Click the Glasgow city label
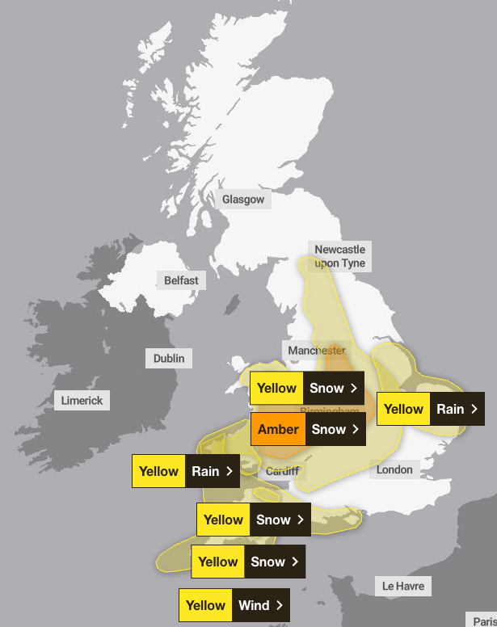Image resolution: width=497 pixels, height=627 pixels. (243, 200)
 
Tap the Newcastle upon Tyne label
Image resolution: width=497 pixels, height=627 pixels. (339, 256)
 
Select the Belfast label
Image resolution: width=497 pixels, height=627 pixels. (181, 280)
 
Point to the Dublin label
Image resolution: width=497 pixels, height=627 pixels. (169, 358)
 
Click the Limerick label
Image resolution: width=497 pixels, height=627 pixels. (82, 400)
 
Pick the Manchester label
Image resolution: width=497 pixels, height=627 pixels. (316, 351)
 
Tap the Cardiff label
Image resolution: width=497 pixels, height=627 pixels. (282, 471)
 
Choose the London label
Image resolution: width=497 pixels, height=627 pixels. (394, 469)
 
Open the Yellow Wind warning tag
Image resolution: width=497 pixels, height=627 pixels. (234, 605)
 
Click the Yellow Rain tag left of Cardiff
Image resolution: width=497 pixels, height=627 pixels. (186, 471)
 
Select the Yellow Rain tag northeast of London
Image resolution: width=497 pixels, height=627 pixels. (430, 409)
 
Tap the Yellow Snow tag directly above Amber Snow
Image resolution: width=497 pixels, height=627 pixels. (307, 388)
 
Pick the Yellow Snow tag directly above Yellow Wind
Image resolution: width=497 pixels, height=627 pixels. (248, 562)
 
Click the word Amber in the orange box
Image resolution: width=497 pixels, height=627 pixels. (278, 429)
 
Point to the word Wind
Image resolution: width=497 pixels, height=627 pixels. (254, 605)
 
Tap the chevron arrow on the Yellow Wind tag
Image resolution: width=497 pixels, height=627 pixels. (280, 605)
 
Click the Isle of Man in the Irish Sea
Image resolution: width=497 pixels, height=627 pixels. (231, 305)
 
